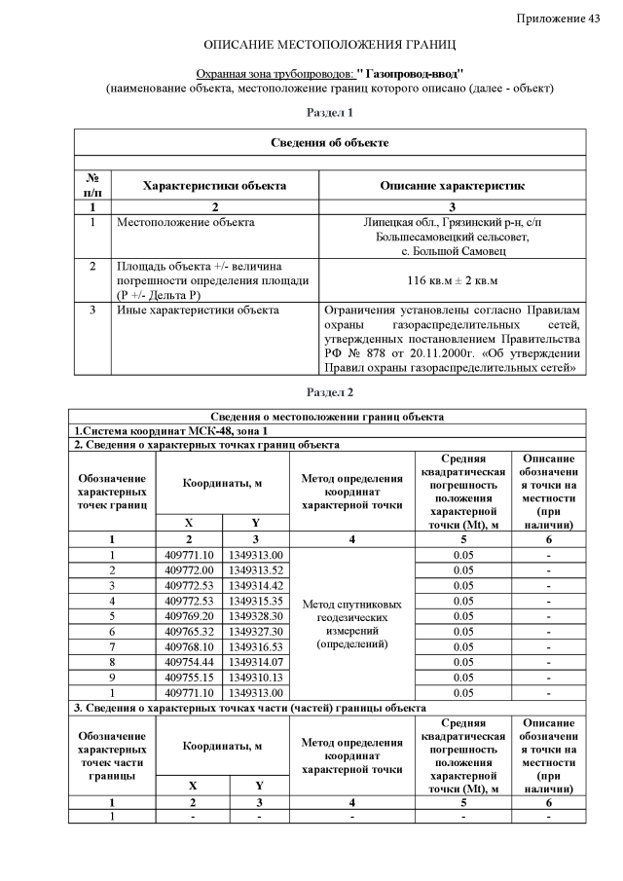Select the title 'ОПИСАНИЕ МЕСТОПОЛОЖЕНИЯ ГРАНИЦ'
[330, 46]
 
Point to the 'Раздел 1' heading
[330, 114]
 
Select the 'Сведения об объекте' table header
[330, 143]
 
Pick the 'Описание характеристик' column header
[452, 185]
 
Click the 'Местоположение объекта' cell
[185, 223]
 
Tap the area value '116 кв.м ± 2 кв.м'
[452, 280]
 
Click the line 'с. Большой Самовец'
[452, 251]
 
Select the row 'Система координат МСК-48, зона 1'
[171, 431]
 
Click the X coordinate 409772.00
[191, 569]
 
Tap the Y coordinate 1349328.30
[256, 616]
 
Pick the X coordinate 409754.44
[191, 663]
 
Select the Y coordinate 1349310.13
[256, 679]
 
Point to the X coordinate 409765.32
[191, 632]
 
